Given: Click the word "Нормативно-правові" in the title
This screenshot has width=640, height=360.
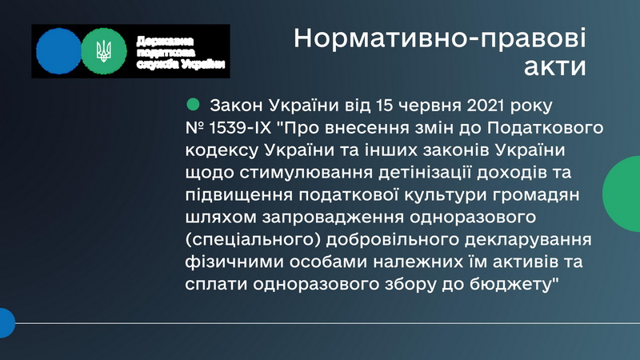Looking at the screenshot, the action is [439, 38].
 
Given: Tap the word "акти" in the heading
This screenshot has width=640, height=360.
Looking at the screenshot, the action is [555, 66].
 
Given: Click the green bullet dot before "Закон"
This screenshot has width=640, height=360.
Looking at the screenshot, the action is [193, 104].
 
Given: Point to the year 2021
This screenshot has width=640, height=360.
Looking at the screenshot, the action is [486, 106].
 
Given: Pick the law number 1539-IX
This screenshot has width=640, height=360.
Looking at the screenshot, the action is [240, 128].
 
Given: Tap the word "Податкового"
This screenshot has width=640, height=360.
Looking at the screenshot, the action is [545, 128].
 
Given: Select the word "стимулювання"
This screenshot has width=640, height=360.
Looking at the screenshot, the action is [306, 173].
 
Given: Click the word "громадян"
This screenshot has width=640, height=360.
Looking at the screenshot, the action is [536, 195].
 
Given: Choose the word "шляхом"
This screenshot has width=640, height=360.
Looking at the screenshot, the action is [221, 218].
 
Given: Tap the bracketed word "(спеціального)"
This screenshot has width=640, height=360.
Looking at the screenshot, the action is [253, 240].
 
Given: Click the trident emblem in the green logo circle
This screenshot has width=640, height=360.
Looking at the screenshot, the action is [104, 51].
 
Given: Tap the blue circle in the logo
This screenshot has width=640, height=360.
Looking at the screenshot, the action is [58, 51].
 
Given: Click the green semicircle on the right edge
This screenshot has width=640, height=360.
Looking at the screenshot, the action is [622, 194].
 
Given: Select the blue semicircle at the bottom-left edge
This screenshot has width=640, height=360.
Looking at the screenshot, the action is [6, 323].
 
